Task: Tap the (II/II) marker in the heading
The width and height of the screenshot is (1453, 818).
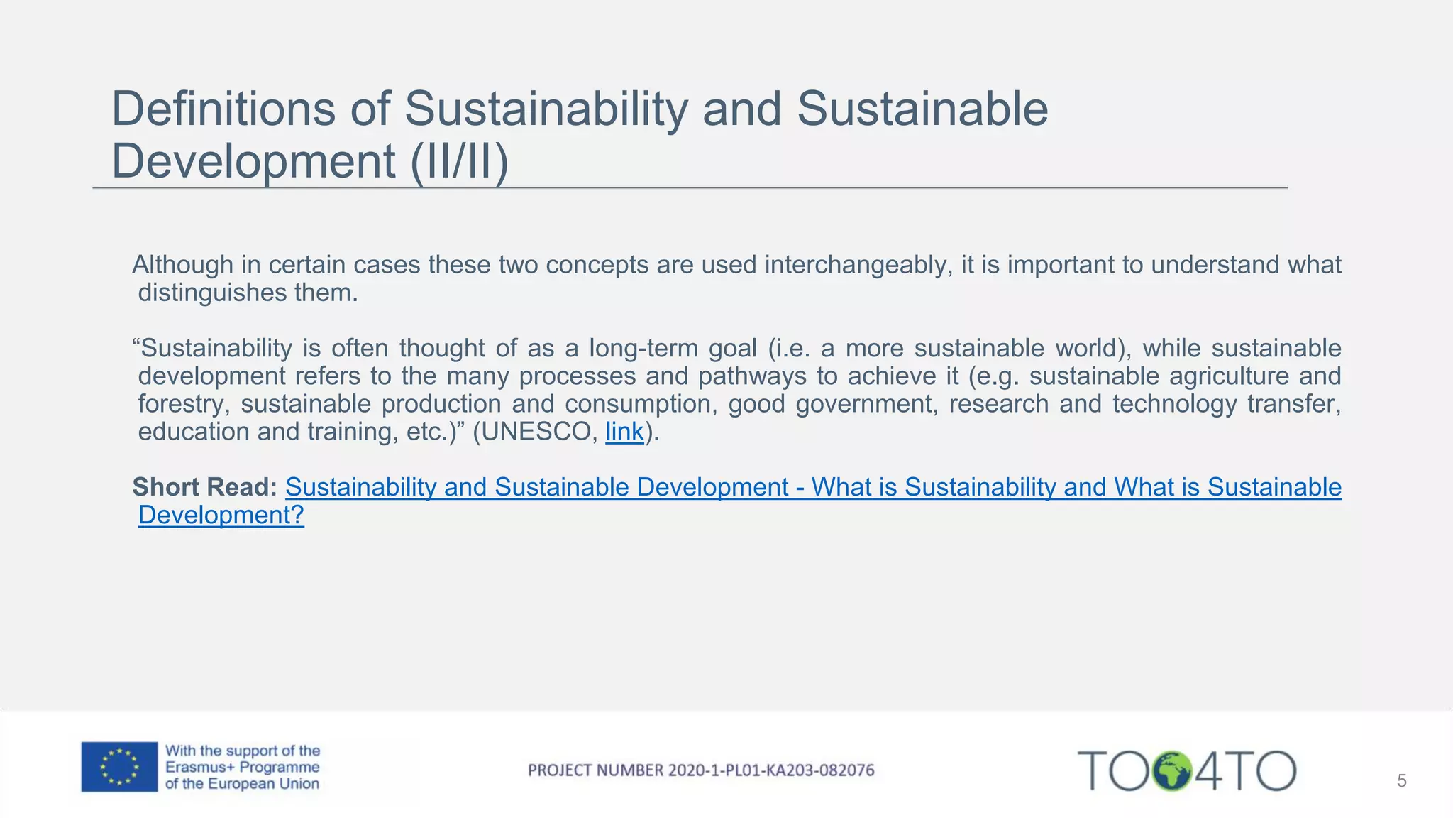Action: (459, 161)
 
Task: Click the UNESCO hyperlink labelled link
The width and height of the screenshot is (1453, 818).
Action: (624, 432)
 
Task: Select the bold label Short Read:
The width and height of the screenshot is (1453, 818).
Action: (204, 487)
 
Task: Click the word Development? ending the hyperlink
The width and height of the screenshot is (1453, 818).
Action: (221, 515)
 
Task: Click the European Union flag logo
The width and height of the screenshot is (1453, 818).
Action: (119, 767)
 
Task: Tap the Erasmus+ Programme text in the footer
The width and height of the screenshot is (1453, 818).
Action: (242, 768)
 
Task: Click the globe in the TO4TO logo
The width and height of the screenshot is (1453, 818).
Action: (1171, 770)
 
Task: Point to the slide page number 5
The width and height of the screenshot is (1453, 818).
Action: (1401, 781)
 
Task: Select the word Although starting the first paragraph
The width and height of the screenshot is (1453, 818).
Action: (182, 265)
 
